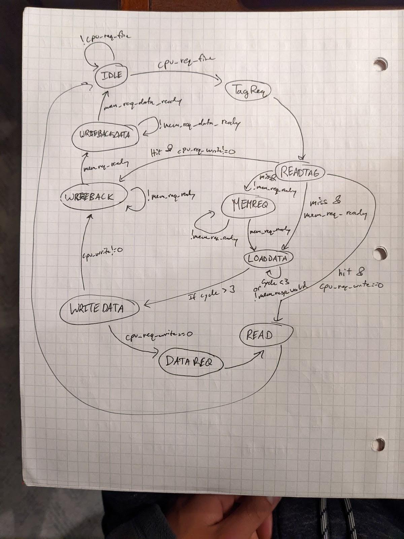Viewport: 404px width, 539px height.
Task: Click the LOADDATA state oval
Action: (x=268, y=258)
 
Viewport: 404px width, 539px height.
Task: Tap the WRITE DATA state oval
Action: (x=99, y=309)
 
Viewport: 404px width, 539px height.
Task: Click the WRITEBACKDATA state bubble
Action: (x=105, y=134)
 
